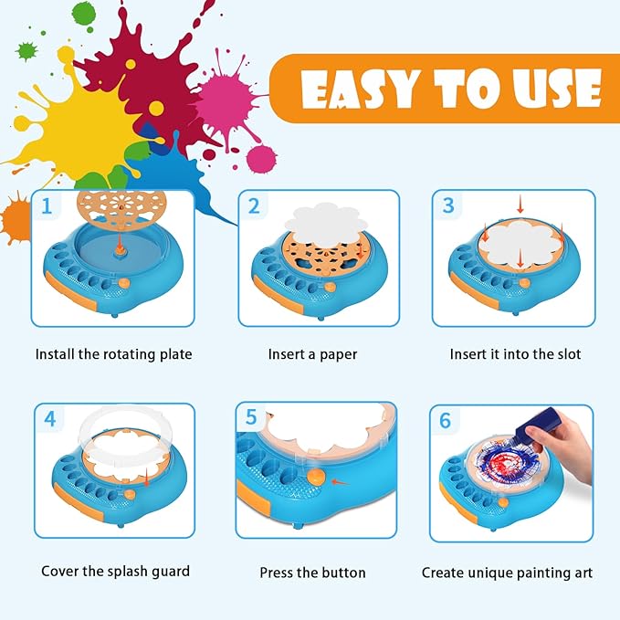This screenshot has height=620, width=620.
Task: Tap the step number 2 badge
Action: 255,207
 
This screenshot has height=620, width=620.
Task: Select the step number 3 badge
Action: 447,206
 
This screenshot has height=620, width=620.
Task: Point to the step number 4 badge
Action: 50,419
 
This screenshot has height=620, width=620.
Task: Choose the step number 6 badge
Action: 446,421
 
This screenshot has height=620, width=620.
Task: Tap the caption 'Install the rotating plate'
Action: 114,353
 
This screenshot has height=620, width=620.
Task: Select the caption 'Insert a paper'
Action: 312,353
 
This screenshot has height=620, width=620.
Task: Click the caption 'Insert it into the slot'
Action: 515,353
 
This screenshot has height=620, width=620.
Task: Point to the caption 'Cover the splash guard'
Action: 116,572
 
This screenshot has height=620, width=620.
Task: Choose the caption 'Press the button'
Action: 313,573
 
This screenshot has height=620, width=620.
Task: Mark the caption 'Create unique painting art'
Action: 507,573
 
